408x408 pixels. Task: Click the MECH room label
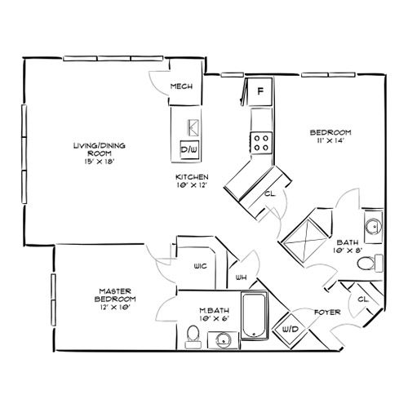(181, 86)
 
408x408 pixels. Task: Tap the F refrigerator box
(259, 91)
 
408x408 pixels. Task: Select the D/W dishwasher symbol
(189, 149)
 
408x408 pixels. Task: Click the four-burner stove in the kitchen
(261, 143)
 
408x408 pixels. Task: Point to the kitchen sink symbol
(193, 128)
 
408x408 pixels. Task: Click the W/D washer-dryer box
(290, 330)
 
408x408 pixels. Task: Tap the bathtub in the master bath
(254, 315)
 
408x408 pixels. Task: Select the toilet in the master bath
(193, 337)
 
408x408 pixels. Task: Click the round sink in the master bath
(224, 339)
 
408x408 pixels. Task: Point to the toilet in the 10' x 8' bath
(370, 263)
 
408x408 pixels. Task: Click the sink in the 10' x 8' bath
(374, 226)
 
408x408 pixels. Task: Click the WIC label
(200, 266)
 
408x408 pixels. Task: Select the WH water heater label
(241, 277)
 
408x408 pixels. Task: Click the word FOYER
(327, 313)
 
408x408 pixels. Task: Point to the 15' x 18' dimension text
(99, 162)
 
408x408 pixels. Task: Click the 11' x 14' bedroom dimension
(330, 140)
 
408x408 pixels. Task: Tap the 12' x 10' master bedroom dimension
(115, 308)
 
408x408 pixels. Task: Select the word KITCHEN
(192, 177)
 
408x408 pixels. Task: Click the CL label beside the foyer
(363, 299)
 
